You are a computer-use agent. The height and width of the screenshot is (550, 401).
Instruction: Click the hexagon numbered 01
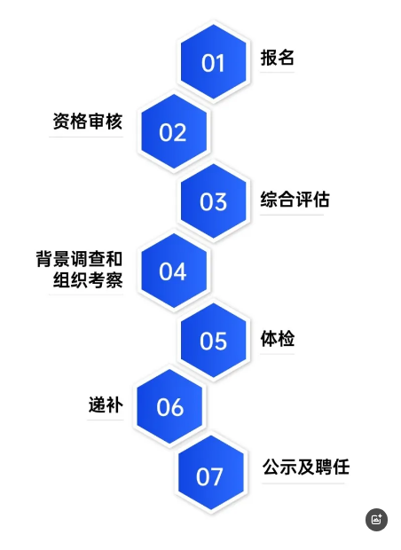(213, 62)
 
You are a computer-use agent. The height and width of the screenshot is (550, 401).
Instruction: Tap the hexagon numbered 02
(174, 132)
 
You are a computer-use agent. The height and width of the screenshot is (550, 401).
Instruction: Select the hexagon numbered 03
(213, 201)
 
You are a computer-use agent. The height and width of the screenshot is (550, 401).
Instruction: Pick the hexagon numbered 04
(174, 271)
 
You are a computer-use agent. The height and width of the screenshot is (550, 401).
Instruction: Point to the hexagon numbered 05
(213, 341)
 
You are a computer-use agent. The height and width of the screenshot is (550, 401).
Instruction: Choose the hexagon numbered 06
(169, 406)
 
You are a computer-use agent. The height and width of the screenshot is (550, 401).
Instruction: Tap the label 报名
(277, 58)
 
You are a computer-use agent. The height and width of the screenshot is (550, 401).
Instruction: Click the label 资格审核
(88, 122)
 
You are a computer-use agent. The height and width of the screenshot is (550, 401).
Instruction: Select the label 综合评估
(295, 200)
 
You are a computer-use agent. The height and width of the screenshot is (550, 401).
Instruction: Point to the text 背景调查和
(79, 259)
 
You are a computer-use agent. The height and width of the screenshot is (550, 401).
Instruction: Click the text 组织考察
(88, 280)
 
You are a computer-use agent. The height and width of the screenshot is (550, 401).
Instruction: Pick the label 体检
(277, 339)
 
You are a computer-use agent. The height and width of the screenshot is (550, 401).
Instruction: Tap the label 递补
(106, 405)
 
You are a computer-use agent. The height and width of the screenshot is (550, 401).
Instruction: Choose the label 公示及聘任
(306, 467)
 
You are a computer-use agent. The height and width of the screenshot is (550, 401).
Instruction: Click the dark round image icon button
(376, 520)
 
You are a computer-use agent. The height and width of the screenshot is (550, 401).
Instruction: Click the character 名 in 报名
(286, 58)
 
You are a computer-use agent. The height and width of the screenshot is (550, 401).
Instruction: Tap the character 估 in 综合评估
(321, 200)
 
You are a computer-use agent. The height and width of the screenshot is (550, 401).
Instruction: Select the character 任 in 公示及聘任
(342, 467)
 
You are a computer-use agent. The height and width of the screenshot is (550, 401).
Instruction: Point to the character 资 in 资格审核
(61, 122)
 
